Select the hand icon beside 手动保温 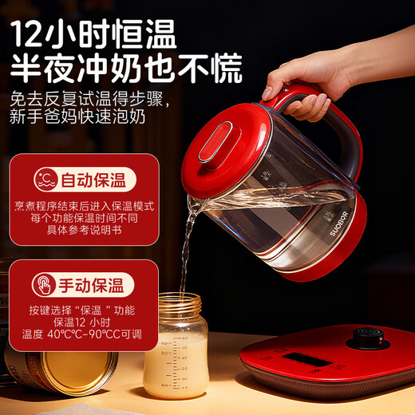[46, 284]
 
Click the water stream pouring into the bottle [187, 247]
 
